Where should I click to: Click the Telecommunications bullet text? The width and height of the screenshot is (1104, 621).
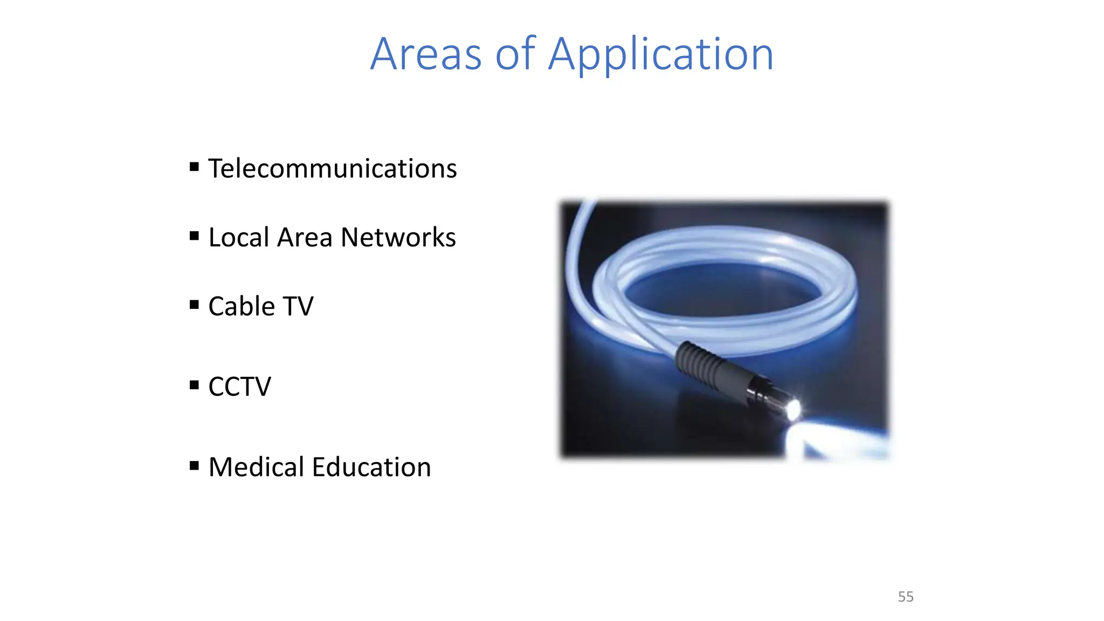333,169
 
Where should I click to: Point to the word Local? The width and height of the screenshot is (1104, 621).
239,238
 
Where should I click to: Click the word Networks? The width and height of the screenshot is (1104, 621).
398,238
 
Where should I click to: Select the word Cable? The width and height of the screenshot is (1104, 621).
241,307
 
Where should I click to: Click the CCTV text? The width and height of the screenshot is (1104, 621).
239,387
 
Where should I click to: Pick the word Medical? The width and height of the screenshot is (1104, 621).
256,467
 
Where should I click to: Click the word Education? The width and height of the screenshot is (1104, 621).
371,467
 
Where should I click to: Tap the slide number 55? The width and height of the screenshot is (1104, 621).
906,597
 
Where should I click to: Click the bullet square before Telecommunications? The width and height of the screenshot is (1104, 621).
195,167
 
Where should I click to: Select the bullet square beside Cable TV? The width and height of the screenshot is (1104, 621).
195,305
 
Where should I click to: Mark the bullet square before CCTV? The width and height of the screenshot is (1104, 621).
195,385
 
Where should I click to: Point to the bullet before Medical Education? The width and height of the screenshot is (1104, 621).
195,465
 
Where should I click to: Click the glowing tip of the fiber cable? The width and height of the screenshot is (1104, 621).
793,410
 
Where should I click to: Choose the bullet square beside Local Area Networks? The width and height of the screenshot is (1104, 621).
195,236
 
